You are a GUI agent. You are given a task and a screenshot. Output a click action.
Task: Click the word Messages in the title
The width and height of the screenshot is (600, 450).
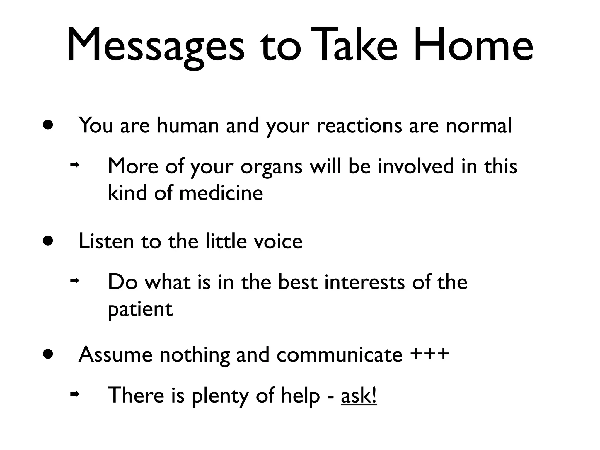pos(155,45)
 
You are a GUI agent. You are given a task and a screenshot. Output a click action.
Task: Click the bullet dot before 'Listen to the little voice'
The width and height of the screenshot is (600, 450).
pos(48,241)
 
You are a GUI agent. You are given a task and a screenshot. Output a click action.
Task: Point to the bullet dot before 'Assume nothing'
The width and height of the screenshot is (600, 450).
pos(48,354)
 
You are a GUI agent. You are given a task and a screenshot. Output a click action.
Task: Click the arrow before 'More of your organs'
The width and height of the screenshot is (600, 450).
pos(74,165)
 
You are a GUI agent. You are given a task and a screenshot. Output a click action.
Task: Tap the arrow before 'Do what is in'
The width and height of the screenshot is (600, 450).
pos(74,281)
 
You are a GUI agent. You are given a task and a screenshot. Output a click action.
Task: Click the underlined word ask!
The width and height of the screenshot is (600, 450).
pos(359,396)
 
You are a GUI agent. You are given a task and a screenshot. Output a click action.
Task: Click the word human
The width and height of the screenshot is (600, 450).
pos(188,125)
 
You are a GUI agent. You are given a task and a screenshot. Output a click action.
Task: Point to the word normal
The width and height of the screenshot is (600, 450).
pos(479,125)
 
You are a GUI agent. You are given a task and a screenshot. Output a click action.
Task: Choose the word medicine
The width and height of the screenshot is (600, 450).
pos(221,193)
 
